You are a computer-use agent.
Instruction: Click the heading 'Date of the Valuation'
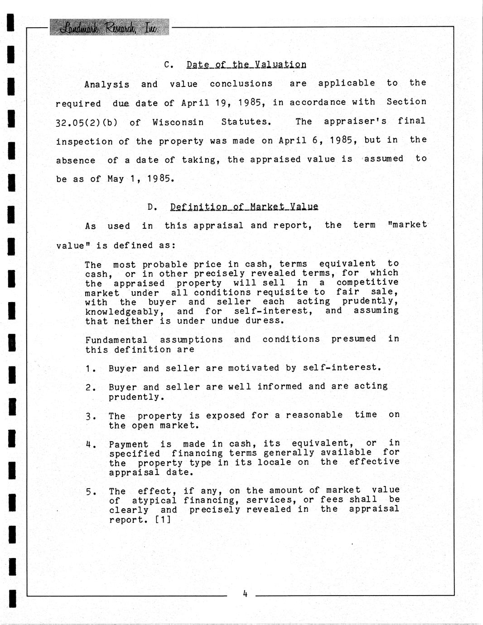246,64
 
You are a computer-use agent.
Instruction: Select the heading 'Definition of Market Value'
244,207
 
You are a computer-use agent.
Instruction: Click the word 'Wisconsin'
178,122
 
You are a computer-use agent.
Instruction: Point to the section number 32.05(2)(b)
87,122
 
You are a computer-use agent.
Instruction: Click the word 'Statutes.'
246,122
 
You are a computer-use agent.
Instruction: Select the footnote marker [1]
163,519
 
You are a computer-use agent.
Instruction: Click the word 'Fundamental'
116,340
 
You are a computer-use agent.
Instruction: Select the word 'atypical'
154,500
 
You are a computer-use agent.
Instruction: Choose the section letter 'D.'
152,207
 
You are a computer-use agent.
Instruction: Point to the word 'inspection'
84,141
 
